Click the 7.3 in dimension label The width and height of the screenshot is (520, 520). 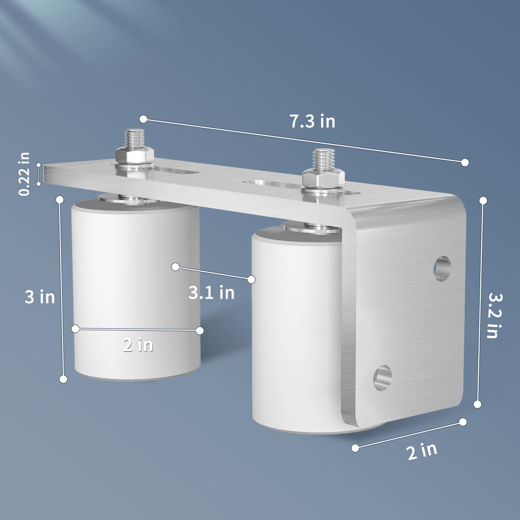[x=312, y=121]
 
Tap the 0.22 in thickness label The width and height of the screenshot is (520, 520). [x=25, y=173]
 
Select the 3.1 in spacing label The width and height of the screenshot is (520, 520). [x=211, y=293]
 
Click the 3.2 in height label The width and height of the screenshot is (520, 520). [x=493, y=315]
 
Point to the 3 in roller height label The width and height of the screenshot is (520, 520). [x=39, y=297]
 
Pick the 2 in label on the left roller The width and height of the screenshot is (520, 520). [x=138, y=345]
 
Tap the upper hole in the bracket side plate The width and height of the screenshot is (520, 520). [x=442, y=269]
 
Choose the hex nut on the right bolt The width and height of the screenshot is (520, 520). [x=323, y=177]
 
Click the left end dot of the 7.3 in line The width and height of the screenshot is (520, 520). [x=143, y=119]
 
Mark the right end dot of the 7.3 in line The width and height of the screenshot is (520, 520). [x=465, y=162]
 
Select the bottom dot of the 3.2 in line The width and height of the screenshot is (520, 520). [x=478, y=404]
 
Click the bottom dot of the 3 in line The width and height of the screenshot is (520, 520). [x=63, y=379]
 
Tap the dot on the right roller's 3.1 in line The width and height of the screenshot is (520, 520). [x=251, y=279]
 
